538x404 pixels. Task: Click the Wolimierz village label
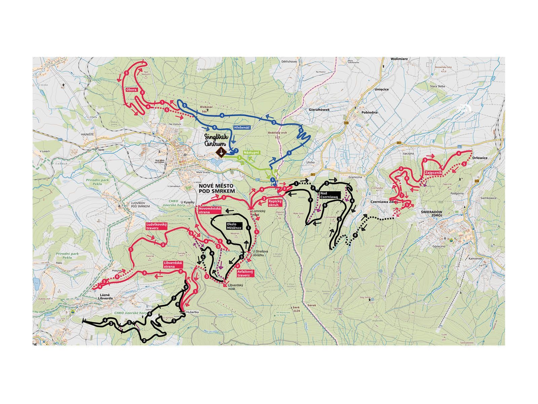[399, 59]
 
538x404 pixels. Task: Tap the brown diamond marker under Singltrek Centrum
[221, 152]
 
